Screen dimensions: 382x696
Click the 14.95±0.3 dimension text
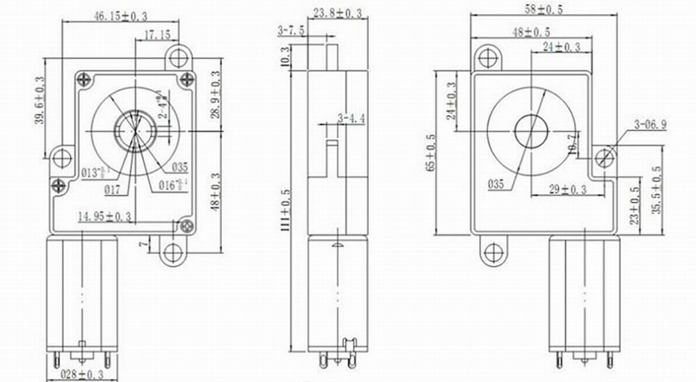(x=104, y=217)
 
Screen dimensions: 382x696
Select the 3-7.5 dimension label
(x=290, y=30)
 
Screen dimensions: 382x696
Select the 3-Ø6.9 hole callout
(x=651, y=125)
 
